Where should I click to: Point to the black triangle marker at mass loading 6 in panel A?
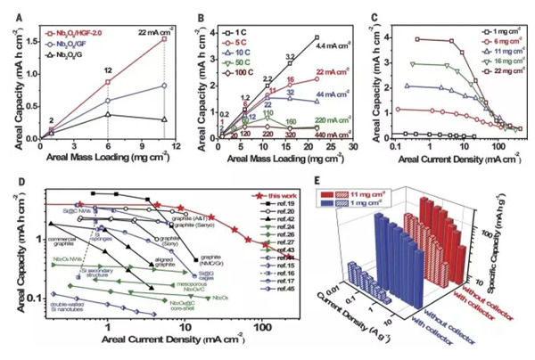point(108,113)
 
